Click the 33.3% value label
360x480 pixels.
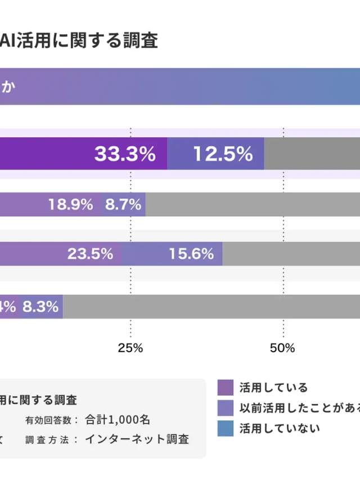click(125, 154)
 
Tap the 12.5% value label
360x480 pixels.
click(223, 154)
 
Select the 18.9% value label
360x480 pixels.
click(70, 205)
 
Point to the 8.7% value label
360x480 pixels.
click(123, 205)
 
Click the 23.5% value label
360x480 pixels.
click(91, 254)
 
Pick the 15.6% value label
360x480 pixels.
click(191, 254)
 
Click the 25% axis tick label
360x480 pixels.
click(130, 348)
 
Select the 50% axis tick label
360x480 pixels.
click(282, 348)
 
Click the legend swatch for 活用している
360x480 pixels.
click(225, 387)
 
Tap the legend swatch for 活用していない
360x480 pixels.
click(225, 428)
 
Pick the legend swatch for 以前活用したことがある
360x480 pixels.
click(225, 407)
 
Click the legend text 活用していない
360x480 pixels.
click(280, 428)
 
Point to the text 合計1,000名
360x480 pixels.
click(118, 419)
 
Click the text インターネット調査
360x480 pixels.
click(137, 439)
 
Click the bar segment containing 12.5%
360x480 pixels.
click(216, 154)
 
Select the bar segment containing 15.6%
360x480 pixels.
click(172, 254)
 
